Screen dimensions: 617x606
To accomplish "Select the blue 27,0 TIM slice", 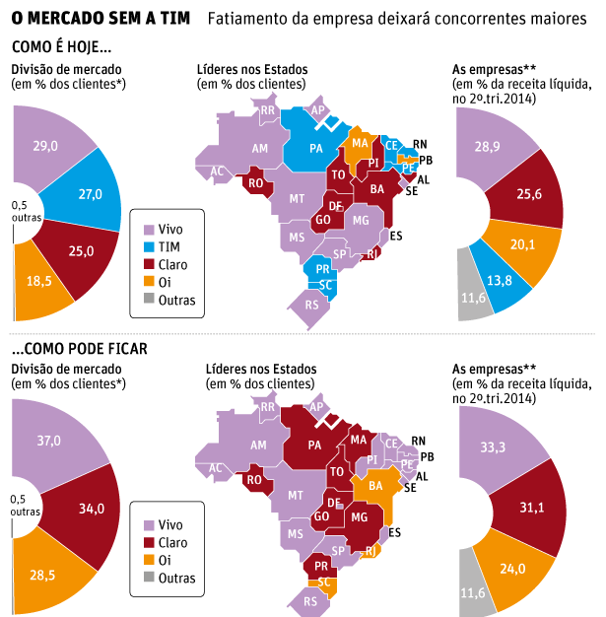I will click(90, 194).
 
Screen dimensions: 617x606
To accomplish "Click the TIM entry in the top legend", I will click(168, 246).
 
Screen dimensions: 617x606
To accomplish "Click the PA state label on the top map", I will click(316, 149).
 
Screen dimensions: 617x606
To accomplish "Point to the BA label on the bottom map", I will click(374, 485).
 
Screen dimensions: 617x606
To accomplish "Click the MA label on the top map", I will click(360, 143).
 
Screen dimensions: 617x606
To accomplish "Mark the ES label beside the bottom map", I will click(395, 532).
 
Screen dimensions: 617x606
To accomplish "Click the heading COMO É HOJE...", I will click(61, 46).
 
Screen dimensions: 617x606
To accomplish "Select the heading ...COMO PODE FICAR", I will click(79, 348).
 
